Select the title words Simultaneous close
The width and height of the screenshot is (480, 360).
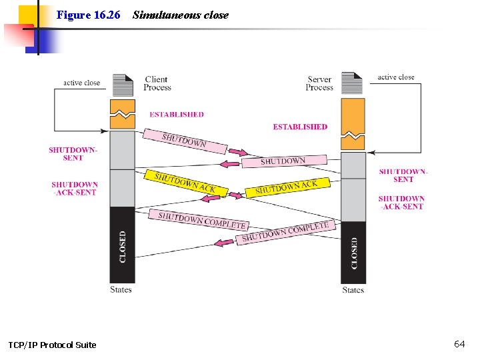pos(180,15)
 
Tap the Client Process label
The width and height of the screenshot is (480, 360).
pos(157,83)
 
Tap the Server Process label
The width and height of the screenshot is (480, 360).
pos(319,83)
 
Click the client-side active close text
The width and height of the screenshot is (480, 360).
pos(81,83)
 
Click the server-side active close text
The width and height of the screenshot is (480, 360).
pos(396,77)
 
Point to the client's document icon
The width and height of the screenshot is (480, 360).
pos(123,85)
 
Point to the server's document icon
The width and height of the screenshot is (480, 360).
pos(352,83)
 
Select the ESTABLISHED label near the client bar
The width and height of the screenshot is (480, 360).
pos(177,115)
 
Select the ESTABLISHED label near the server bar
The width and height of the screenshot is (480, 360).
pos(300,127)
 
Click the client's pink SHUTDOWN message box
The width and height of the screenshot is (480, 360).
pos(184,141)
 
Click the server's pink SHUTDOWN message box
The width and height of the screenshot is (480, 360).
pos(283,161)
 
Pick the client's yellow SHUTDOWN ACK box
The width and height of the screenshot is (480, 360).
pos(185,183)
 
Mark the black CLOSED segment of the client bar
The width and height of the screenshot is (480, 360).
pos(122,245)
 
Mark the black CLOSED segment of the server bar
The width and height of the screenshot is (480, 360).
pos(353,253)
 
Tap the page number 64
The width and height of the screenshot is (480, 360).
pos(459,344)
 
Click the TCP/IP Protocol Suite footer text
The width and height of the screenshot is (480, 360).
pos(52,345)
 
